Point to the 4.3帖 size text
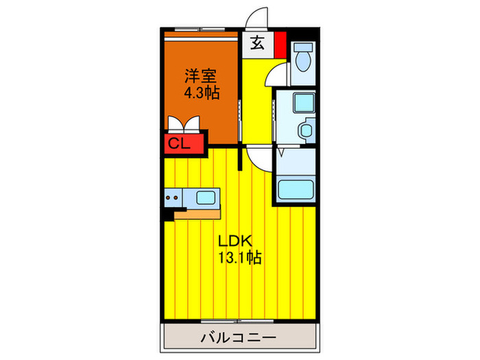202,93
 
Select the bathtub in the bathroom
296,189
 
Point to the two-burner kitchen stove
174,198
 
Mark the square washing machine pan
301,104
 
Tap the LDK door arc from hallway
259,160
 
